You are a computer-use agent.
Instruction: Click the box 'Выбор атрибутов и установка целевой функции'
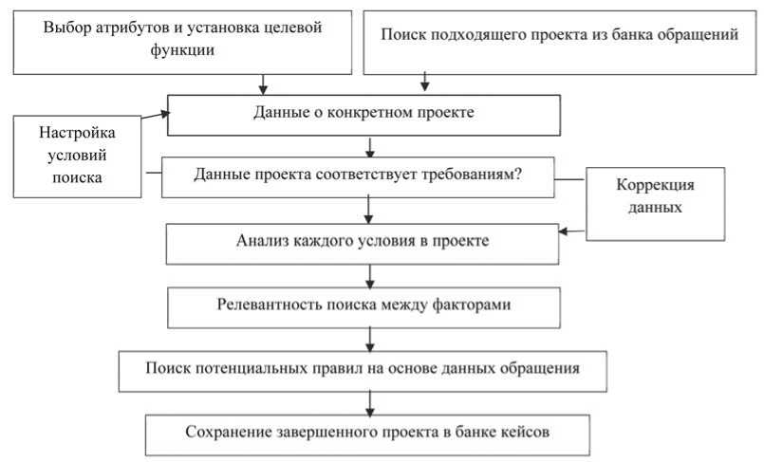182,38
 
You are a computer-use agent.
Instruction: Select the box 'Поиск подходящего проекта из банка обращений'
559,38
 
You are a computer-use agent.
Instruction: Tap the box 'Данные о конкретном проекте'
363,113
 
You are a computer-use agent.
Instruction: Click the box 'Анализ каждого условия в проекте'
363,241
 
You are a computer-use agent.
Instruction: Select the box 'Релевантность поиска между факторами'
363,305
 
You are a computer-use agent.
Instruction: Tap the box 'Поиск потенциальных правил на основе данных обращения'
363,367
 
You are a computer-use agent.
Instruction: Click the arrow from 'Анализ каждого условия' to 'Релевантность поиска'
371,274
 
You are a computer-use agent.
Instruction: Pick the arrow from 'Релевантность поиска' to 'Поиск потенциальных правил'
371,338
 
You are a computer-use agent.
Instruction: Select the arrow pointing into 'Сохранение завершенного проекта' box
371,401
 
